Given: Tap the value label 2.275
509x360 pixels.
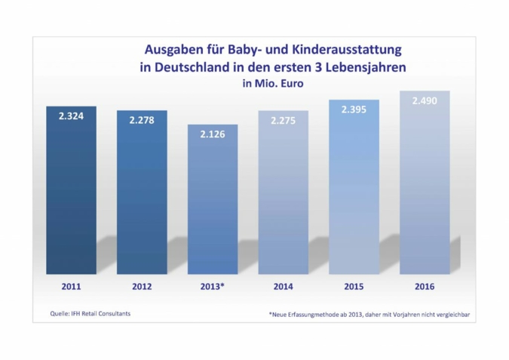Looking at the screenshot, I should (283, 121).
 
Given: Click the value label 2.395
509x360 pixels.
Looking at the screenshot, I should (354, 109).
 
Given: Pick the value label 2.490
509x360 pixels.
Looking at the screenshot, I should (425, 100).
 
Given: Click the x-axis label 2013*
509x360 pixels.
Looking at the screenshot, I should (212, 287).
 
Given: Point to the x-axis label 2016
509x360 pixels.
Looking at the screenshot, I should (425, 287).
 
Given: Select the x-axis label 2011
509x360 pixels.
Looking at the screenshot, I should (71, 287).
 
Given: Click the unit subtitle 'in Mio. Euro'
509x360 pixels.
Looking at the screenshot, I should (272, 83).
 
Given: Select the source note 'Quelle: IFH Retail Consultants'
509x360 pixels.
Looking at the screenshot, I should (83, 312).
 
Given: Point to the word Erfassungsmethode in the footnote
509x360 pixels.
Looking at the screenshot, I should (309, 313).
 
